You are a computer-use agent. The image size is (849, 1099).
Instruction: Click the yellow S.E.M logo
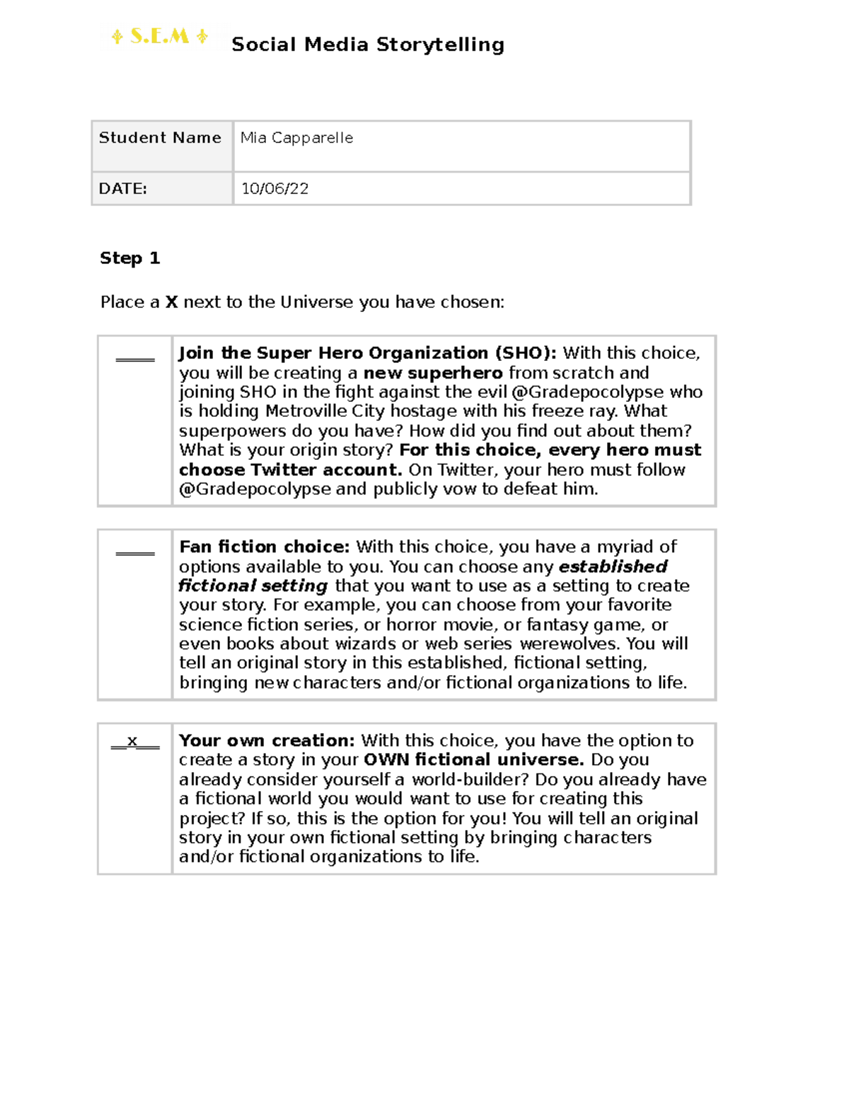click(159, 37)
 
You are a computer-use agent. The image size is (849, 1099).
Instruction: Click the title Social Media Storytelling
click(368, 45)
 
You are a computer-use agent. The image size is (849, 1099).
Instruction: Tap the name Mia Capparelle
click(296, 138)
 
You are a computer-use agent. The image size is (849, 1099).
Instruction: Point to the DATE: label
click(123, 189)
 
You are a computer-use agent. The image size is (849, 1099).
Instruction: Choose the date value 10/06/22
click(275, 189)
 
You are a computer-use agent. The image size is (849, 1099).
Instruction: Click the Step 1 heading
click(129, 258)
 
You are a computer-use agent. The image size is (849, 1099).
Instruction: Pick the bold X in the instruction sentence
click(171, 302)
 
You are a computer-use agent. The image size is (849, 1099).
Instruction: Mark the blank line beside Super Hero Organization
click(135, 359)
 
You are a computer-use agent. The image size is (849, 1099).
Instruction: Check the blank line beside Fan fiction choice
click(135, 553)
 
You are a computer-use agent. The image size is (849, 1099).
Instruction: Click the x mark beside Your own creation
click(132, 741)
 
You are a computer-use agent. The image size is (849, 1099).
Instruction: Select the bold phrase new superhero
click(433, 373)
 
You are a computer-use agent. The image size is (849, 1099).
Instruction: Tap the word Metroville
click(306, 411)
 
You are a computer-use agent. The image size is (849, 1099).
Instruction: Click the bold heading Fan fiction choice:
click(264, 547)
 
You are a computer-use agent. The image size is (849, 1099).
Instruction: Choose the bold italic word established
click(613, 567)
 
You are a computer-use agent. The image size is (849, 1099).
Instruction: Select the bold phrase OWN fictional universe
click(473, 760)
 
